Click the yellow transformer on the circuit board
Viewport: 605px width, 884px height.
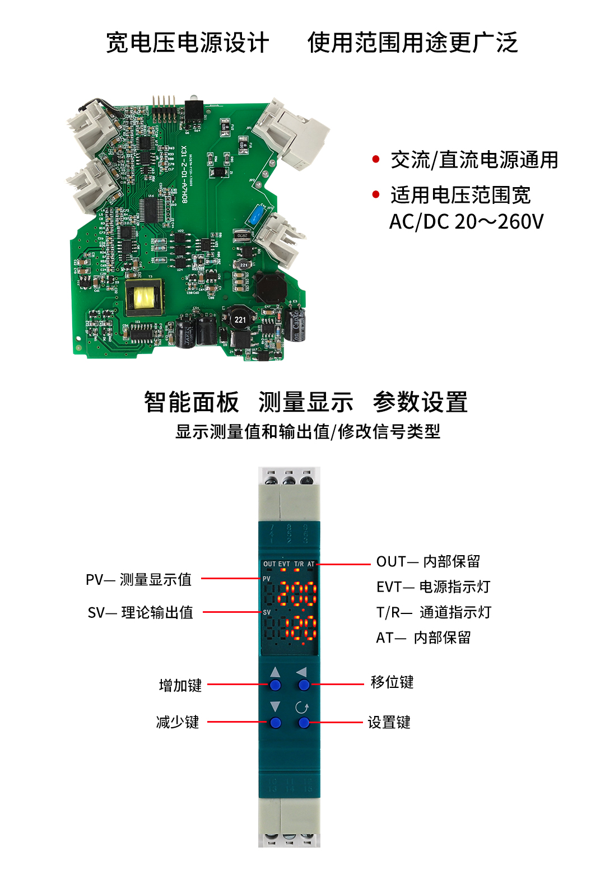coord(144,296)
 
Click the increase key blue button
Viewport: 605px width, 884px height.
coord(275,685)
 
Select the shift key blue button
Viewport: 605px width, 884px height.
coord(304,685)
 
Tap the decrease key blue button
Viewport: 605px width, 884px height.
coord(275,723)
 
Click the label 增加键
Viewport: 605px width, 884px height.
coord(180,685)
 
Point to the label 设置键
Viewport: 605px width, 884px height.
coord(389,722)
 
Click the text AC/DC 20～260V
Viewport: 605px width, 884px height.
coord(466,222)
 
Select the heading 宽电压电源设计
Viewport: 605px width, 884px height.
coord(188,43)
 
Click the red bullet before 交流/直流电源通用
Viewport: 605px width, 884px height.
coord(376,160)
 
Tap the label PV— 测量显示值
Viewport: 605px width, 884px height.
coord(138,579)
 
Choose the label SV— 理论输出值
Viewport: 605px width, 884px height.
coord(140,612)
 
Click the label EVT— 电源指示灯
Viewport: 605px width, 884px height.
coord(433,587)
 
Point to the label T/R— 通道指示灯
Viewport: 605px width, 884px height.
coord(434,612)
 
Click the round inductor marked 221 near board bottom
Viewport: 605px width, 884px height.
coord(240,319)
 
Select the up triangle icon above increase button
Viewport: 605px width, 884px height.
coord(275,672)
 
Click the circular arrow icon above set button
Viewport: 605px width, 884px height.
coord(302,708)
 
